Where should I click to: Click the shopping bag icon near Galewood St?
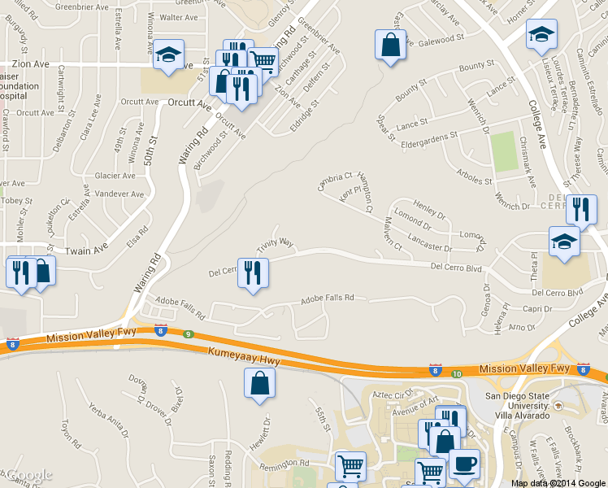tap(391, 45)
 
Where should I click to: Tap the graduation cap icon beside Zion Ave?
tap(169, 55)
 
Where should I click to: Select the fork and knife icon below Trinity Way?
tap(253, 273)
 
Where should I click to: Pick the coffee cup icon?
tap(464, 464)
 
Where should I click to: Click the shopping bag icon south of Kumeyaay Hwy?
tap(259, 384)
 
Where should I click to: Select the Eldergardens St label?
tap(430, 138)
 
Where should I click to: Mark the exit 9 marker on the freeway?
tap(188, 333)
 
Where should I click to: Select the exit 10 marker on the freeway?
tap(457, 373)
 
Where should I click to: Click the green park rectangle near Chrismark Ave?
tap(504, 151)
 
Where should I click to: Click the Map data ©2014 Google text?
tap(558, 483)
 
